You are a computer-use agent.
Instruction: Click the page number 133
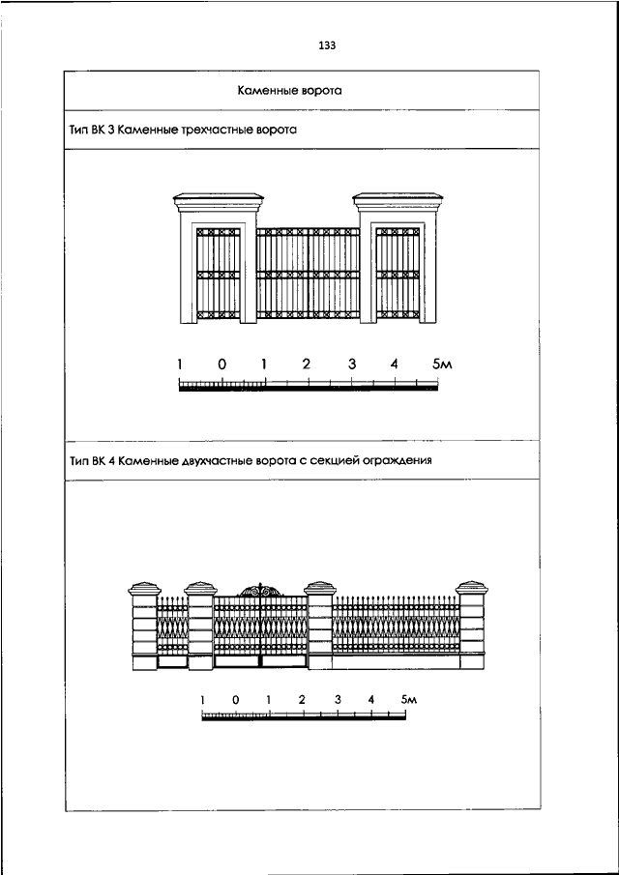pyautogui.click(x=327, y=45)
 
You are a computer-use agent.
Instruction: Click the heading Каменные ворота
pyautogui.click(x=290, y=91)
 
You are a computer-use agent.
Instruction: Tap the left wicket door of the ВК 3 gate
pyautogui.click(x=219, y=274)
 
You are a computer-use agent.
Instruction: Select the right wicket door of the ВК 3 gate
pyautogui.click(x=398, y=274)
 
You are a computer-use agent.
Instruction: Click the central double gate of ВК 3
pyautogui.click(x=309, y=274)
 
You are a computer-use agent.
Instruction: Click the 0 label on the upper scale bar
pyautogui.click(x=222, y=365)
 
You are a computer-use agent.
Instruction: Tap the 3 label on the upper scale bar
pyautogui.click(x=352, y=365)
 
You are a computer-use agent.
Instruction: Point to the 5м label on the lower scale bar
pyautogui.click(x=409, y=699)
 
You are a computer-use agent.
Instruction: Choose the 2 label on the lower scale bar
pyautogui.click(x=302, y=699)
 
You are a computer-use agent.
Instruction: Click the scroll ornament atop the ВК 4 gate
pyautogui.click(x=261, y=591)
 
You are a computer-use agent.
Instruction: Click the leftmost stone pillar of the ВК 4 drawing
pyautogui.click(x=144, y=627)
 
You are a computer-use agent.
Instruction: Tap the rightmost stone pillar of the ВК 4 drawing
pyautogui.click(x=472, y=627)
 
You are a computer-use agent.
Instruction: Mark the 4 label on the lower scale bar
pyautogui.click(x=371, y=699)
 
